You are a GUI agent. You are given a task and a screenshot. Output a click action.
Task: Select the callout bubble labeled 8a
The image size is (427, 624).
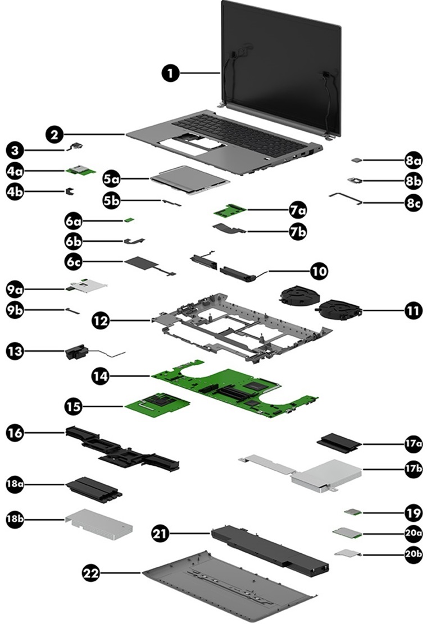(413, 160)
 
